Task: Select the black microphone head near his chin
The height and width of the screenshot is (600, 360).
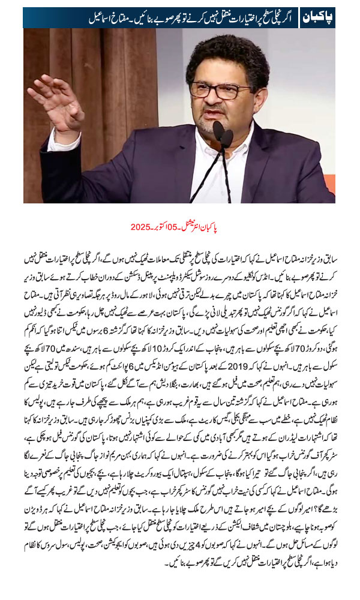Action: click(219, 133)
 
